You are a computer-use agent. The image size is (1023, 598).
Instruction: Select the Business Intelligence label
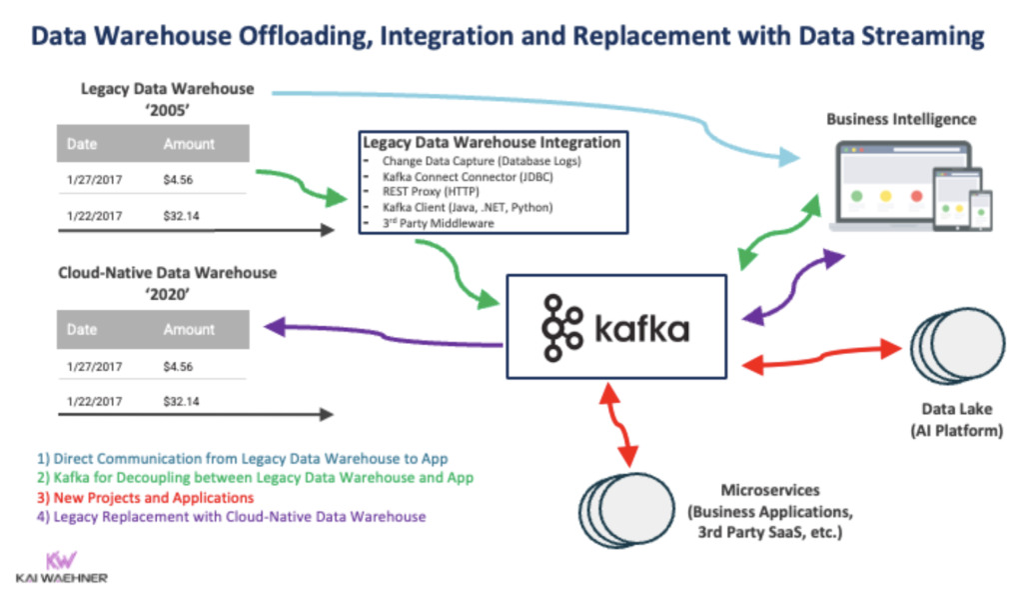coord(901,120)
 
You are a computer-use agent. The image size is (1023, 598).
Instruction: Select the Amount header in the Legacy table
coord(189,145)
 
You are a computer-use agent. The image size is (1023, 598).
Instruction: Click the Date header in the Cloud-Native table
coord(82,330)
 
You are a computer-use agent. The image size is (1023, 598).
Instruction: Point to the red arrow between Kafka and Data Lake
coord(817,355)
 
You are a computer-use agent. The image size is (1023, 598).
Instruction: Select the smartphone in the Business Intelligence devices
coord(982,207)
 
